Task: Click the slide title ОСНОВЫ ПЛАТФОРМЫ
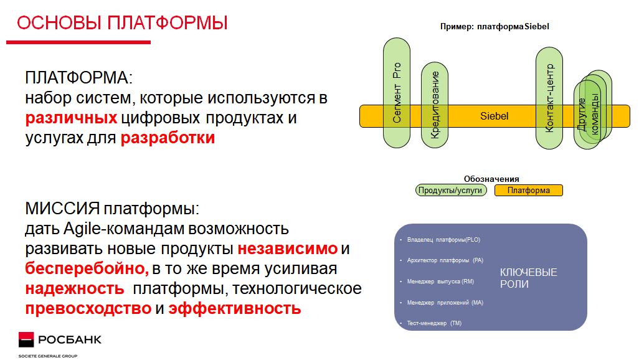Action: pos(122,23)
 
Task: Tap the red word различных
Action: pos(72,118)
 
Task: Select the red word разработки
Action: pos(168,138)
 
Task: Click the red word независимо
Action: pos(288,249)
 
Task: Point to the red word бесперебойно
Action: pos(87,268)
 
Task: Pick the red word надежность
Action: pos(75,288)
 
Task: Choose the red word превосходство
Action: pos(88,308)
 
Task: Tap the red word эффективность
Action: pos(235,309)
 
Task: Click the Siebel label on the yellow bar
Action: pos(495,116)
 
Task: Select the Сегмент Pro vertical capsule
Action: pos(397,93)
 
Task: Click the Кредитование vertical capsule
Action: pos(435,105)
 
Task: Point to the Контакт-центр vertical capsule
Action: pos(549,98)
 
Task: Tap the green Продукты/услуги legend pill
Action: pos(451,191)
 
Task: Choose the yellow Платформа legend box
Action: pos(529,191)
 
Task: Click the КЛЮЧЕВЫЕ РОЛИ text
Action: pos(528,278)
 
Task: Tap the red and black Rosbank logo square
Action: pos(26,339)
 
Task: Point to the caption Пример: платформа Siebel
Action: pos(495,27)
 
